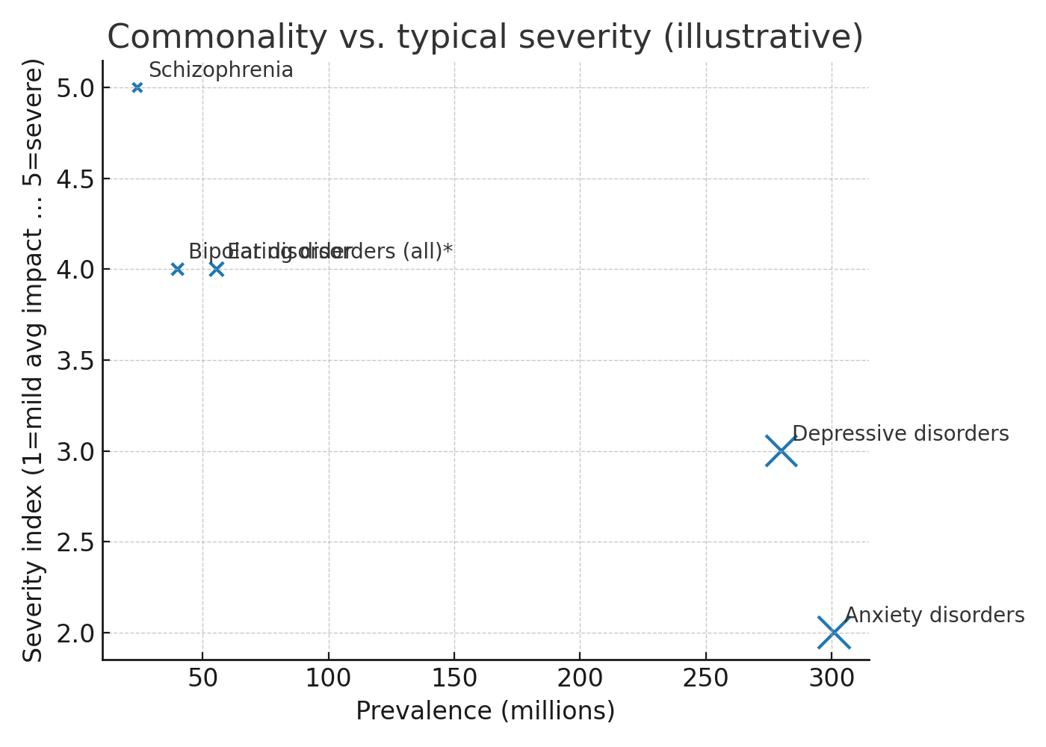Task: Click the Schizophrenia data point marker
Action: pos(137,87)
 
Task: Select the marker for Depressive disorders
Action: pos(781,450)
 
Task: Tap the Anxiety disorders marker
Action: pos(833,633)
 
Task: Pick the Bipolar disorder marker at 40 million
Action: pos(177,269)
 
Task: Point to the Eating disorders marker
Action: pos(217,269)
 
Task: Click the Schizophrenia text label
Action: pos(221,70)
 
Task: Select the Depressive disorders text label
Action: pos(900,434)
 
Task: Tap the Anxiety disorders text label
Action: pos(934,616)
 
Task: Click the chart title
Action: pos(485,37)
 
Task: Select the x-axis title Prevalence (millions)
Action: pos(485,710)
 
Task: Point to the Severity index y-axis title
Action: pos(34,360)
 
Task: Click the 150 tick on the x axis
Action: pos(454,678)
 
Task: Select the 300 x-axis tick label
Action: pos(832,678)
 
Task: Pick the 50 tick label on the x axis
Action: pos(202,678)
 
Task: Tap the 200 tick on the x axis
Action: pos(581,678)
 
